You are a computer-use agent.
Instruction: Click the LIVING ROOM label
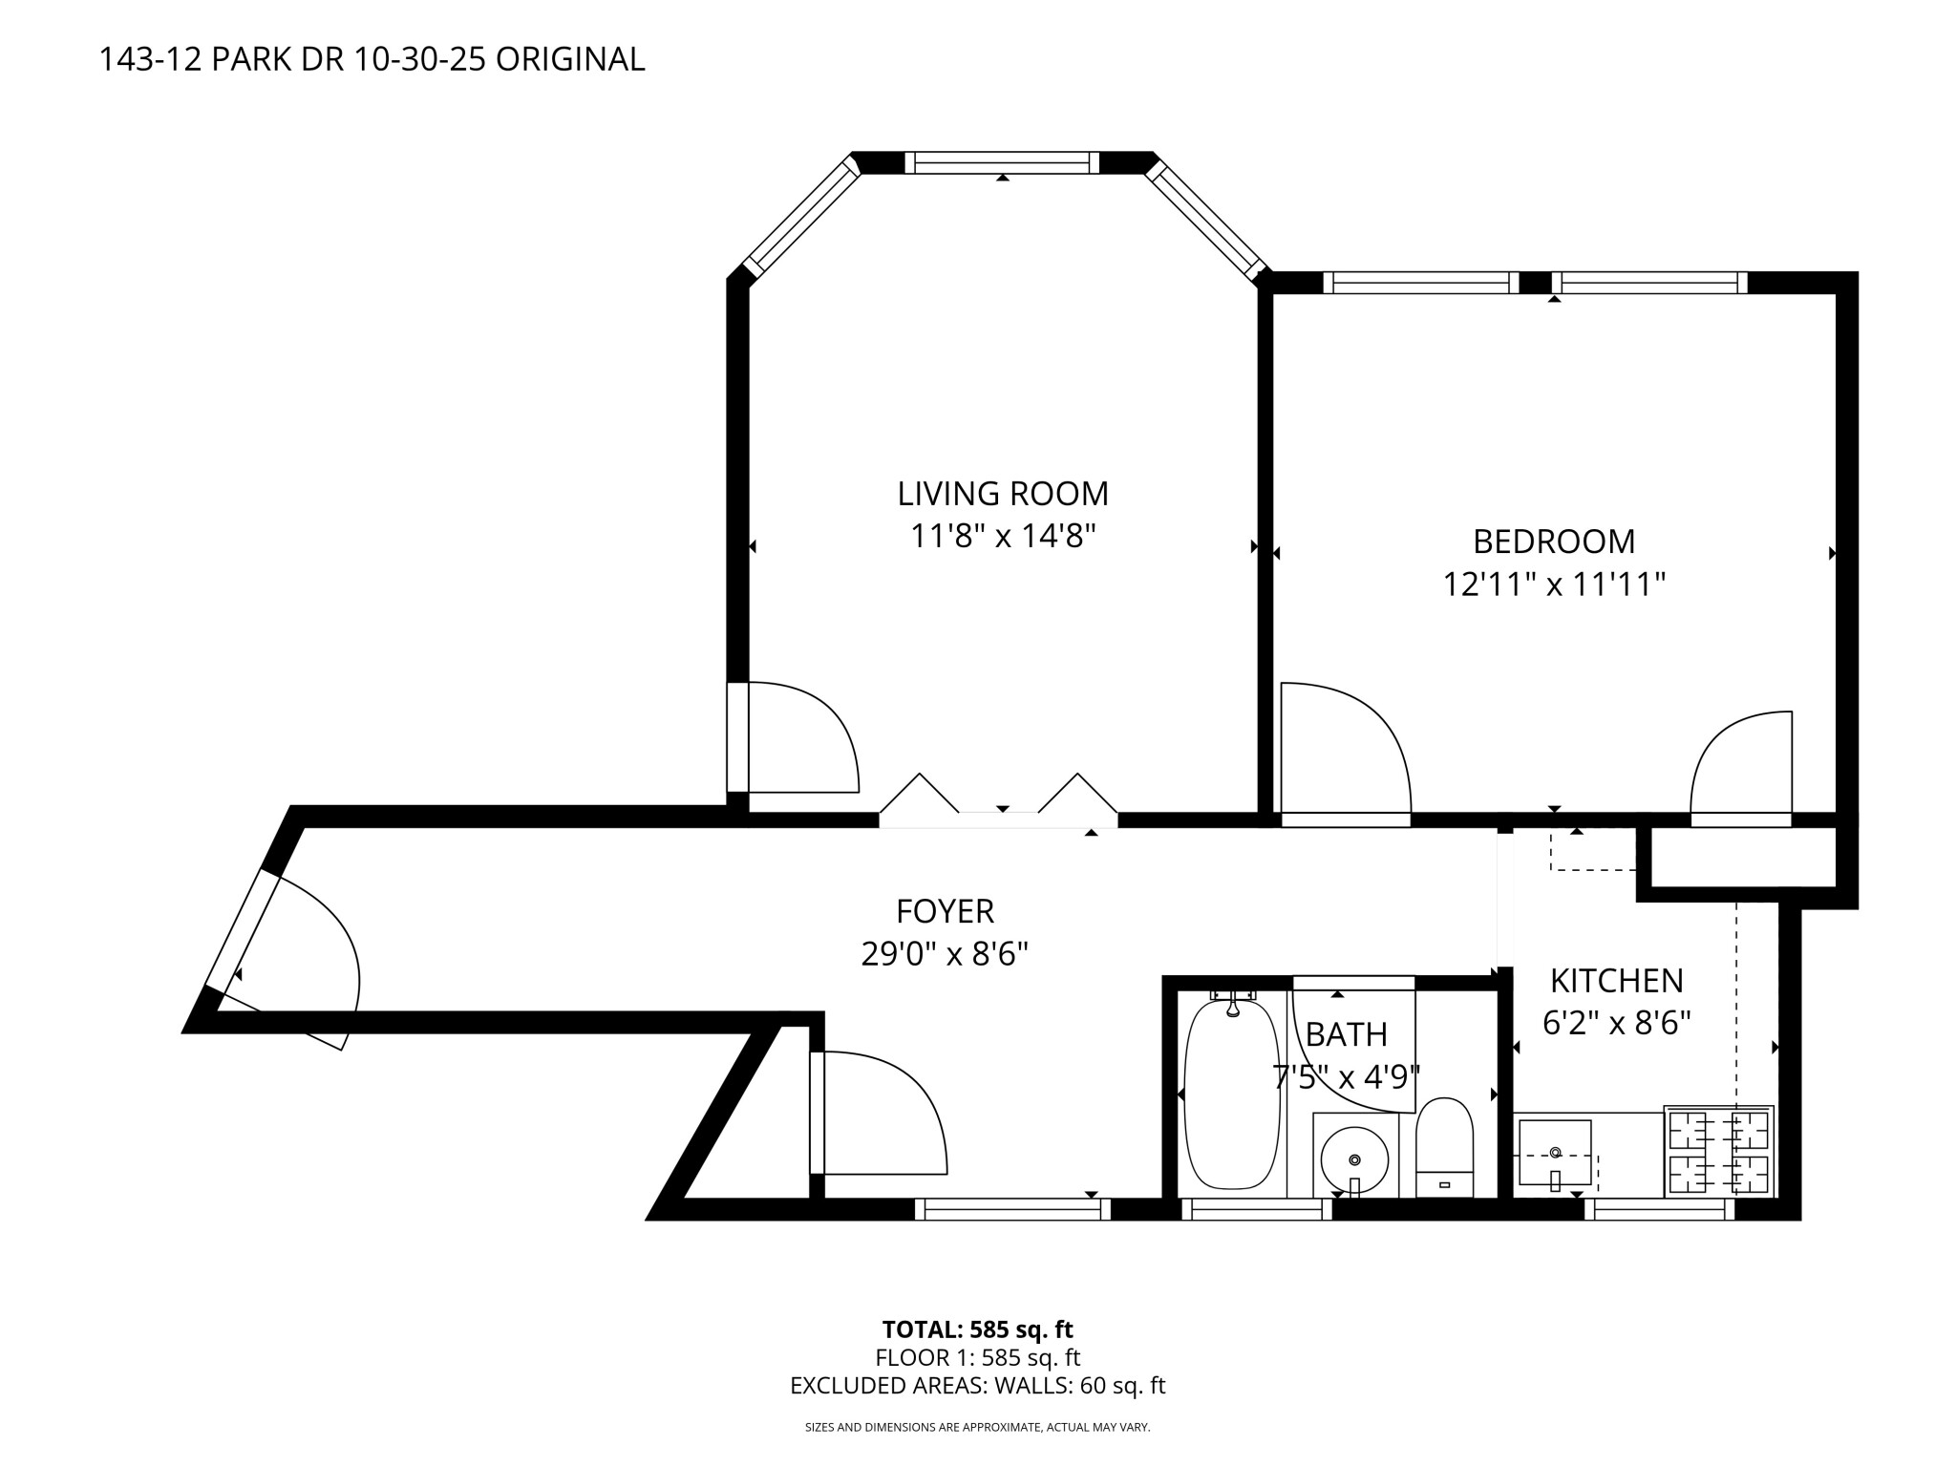1003,494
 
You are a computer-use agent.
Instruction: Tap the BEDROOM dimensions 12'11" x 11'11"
1554,584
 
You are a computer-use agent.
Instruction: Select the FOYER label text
946,911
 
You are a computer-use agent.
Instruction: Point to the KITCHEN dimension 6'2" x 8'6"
1617,1023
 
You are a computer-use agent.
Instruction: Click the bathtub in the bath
1231,1093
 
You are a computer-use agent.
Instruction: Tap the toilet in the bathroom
1444,1147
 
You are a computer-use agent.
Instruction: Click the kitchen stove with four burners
1719,1152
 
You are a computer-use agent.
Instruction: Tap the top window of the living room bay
1002,162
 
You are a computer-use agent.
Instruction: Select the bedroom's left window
1421,283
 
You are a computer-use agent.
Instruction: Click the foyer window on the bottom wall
1012,1209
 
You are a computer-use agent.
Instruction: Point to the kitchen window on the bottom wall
1660,1209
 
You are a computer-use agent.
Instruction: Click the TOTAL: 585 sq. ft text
978,1329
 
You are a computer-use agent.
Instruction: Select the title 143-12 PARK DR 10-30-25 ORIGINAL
372,59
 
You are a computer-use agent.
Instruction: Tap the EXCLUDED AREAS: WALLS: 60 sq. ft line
978,1386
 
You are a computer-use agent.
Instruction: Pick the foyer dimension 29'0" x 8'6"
945,953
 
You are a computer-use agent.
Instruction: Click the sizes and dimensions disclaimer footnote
978,1428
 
